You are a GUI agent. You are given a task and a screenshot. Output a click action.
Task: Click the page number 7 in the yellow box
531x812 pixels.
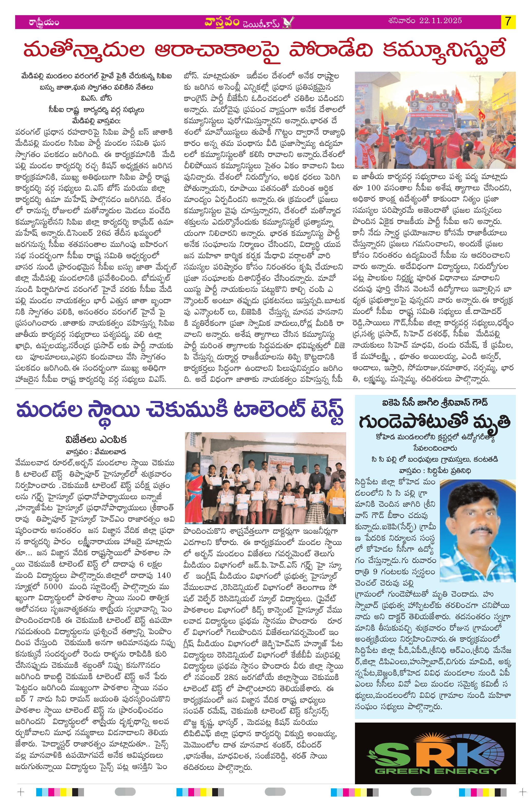tap(508, 22)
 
